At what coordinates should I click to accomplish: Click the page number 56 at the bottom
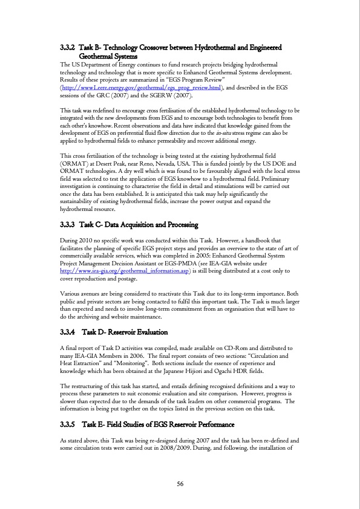tap(180, 483)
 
